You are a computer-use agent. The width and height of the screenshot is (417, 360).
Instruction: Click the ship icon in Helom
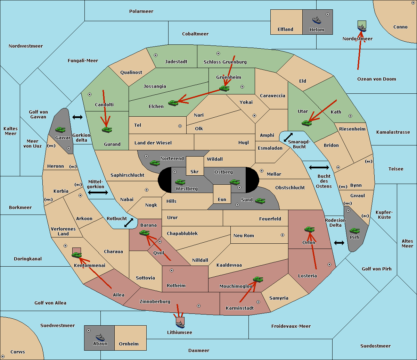(x=317, y=20)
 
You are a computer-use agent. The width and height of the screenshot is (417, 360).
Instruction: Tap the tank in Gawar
(x=60, y=129)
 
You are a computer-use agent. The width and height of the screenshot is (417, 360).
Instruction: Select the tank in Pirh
(x=354, y=231)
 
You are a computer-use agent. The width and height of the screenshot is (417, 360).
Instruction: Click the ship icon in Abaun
(x=100, y=337)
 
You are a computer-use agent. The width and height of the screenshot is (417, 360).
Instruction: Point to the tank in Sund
(x=260, y=201)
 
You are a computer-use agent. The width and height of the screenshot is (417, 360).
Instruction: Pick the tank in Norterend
(x=155, y=163)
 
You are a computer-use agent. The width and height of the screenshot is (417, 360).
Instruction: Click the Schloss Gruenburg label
(x=225, y=62)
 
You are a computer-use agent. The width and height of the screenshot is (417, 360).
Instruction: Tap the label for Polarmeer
(x=141, y=11)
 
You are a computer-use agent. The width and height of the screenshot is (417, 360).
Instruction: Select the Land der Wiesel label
(x=153, y=143)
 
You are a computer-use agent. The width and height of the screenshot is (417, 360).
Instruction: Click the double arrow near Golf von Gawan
(x=77, y=117)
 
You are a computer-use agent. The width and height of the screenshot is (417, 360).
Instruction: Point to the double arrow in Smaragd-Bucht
(x=288, y=137)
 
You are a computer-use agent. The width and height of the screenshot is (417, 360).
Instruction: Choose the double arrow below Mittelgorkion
(x=98, y=192)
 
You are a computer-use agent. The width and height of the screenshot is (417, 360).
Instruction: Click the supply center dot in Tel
(x=180, y=126)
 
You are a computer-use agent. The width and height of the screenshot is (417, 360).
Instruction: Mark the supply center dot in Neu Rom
(x=283, y=235)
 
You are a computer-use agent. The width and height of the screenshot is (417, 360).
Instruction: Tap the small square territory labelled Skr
(x=195, y=166)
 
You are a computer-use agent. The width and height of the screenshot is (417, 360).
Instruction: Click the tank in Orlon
(x=309, y=229)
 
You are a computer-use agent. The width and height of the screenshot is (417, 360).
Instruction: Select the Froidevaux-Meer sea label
(x=291, y=326)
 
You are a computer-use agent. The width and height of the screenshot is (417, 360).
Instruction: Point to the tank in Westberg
(x=180, y=182)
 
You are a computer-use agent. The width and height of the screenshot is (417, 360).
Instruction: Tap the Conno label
(x=400, y=27)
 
